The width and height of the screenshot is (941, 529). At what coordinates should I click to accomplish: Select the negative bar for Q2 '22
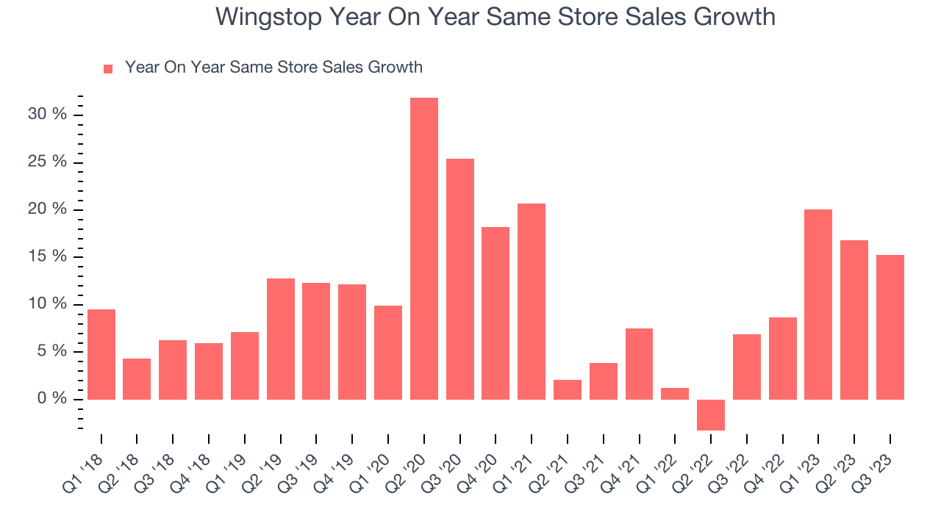pyautogui.click(x=711, y=414)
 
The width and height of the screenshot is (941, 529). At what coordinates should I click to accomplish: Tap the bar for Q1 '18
pyautogui.click(x=101, y=354)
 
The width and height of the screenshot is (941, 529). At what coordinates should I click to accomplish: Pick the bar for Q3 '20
pyautogui.click(x=460, y=279)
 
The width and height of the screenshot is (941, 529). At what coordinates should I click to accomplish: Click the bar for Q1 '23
pyautogui.click(x=818, y=304)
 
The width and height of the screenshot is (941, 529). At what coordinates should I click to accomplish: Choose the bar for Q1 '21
pyautogui.click(x=532, y=301)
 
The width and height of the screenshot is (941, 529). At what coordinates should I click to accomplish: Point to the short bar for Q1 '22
pyautogui.click(x=675, y=393)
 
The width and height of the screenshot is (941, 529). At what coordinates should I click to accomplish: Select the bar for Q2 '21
pyautogui.click(x=568, y=389)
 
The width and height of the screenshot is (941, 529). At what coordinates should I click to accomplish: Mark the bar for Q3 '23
pyautogui.click(x=890, y=327)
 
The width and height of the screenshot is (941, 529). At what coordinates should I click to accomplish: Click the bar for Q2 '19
pyautogui.click(x=281, y=339)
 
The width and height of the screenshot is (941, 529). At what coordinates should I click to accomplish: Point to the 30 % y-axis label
pyautogui.click(x=49, y=115)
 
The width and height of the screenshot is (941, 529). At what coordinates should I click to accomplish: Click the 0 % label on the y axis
pyautogui.click(x=53, y=399)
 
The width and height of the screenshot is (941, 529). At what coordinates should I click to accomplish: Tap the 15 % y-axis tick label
pyautogui.click(x=49, y=256)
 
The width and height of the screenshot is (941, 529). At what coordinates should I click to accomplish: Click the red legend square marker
pyautogui.click(x=108, y=68)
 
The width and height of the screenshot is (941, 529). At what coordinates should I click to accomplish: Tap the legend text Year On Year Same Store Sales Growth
pyautogui.click(x=273, y=68)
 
